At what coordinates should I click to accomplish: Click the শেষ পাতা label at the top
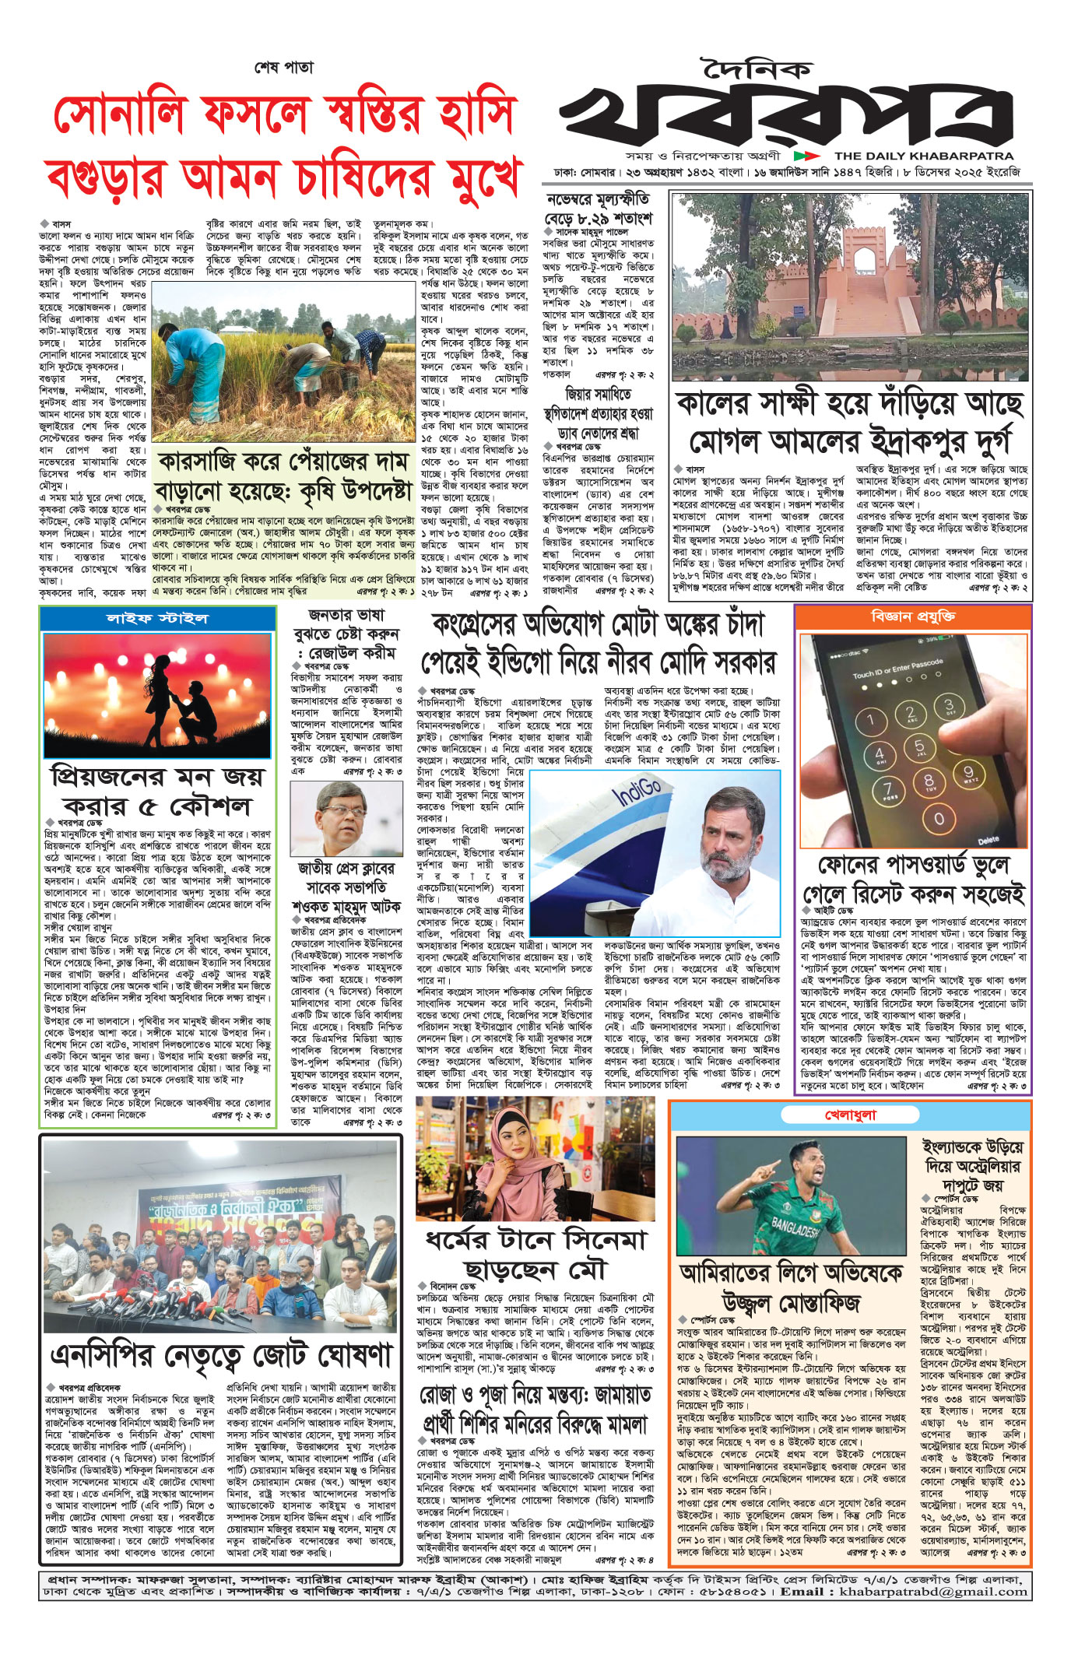pos(283,68)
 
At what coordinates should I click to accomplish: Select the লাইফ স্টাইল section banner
pos(157,619)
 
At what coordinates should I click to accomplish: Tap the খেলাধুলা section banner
pos(850,1115)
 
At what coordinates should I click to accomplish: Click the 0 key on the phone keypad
pos(939,819)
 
